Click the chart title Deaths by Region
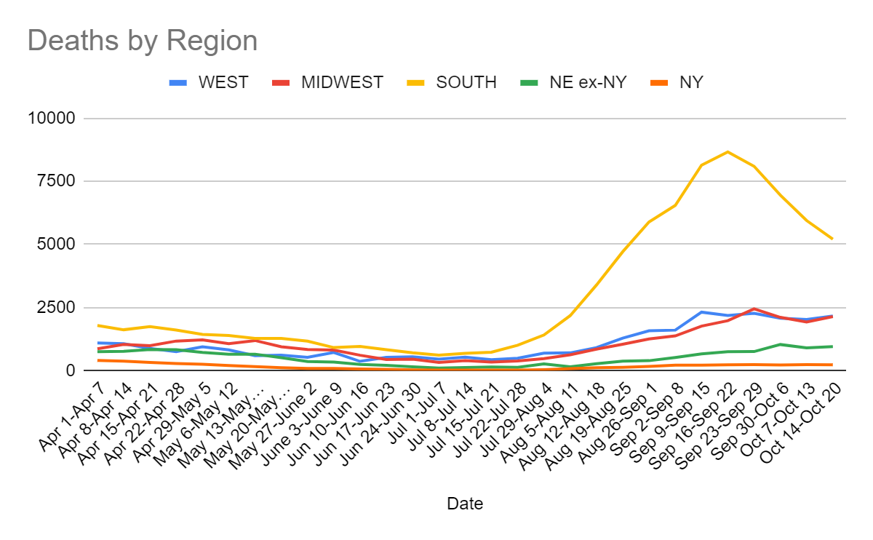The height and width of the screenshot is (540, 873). [143, 41]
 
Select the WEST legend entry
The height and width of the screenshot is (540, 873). [223, 82]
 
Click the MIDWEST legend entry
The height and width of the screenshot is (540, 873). [342, 82]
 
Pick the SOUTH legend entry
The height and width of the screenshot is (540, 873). [466, 82]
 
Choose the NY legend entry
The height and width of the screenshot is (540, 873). [690, 82]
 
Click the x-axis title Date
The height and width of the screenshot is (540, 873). [465, 503]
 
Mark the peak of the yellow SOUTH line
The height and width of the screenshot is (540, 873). [727, 151]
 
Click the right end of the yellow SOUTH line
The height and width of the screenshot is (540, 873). [832, 239]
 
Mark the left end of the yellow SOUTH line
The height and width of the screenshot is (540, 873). [97, 325]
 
